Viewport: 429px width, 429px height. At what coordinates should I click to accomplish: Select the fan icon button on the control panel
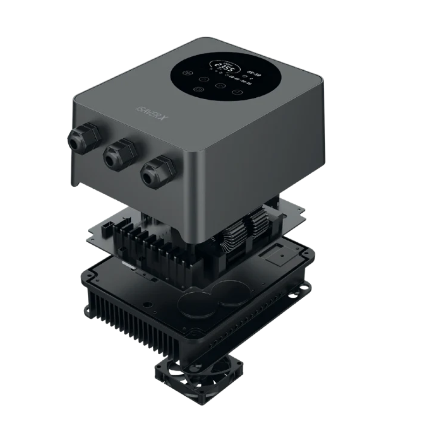[189, 73]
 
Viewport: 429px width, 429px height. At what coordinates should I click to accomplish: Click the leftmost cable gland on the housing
[84, 137]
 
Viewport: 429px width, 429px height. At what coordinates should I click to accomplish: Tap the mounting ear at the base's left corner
[88, 309]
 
